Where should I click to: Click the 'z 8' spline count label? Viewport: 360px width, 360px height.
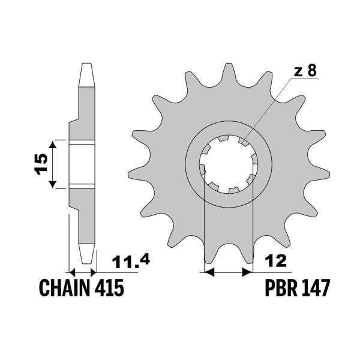(304, 71)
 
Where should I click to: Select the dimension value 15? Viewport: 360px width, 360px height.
(40, 164)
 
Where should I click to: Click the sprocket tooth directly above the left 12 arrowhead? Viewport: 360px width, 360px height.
(208, 252)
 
